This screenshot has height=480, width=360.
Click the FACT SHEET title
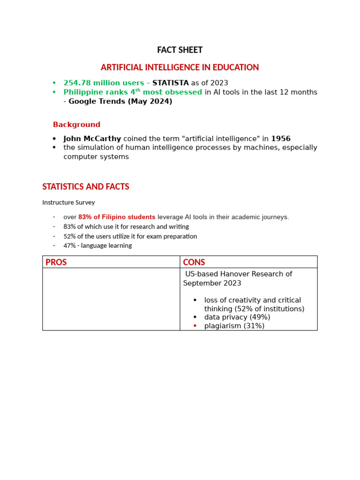180,50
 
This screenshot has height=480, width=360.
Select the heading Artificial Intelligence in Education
180,67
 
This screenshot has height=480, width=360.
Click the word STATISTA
171,83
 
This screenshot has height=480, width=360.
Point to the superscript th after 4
138,90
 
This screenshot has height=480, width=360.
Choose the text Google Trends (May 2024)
120,101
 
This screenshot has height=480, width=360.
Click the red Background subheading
76,125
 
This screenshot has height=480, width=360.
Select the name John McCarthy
92,139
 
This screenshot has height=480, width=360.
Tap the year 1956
281,139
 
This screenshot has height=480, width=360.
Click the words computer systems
96,157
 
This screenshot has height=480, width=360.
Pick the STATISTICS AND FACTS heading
86,187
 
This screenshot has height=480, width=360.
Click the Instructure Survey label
68,202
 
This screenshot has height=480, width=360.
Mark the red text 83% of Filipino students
117,217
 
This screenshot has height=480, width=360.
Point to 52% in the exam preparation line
69,236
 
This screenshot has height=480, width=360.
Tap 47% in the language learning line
69,246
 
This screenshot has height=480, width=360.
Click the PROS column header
56,262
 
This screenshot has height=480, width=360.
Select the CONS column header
194,262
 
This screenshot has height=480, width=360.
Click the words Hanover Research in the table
249,274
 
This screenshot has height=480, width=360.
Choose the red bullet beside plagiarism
195,326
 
